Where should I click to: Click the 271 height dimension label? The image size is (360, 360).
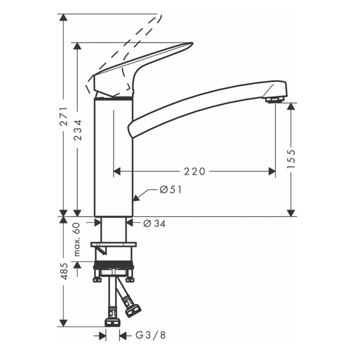(x=64, y=116)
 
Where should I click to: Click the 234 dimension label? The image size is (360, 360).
(x=78, y=129)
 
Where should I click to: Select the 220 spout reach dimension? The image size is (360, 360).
(x=194, y=172)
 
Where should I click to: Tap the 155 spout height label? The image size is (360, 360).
(x=291, y=158)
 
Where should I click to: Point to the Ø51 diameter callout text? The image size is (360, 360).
(x=171, y=190)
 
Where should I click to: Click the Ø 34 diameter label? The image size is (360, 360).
(x=154, y=224)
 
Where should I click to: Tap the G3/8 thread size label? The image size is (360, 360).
(x=151, y=336)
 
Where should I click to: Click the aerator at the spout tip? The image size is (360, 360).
(x=274, y=99)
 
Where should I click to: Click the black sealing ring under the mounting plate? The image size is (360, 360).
(x=113, y=267)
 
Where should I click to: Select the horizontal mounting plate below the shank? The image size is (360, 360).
(x=114, y=245)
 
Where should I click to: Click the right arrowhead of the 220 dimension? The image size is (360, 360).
(x=272, y=172)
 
